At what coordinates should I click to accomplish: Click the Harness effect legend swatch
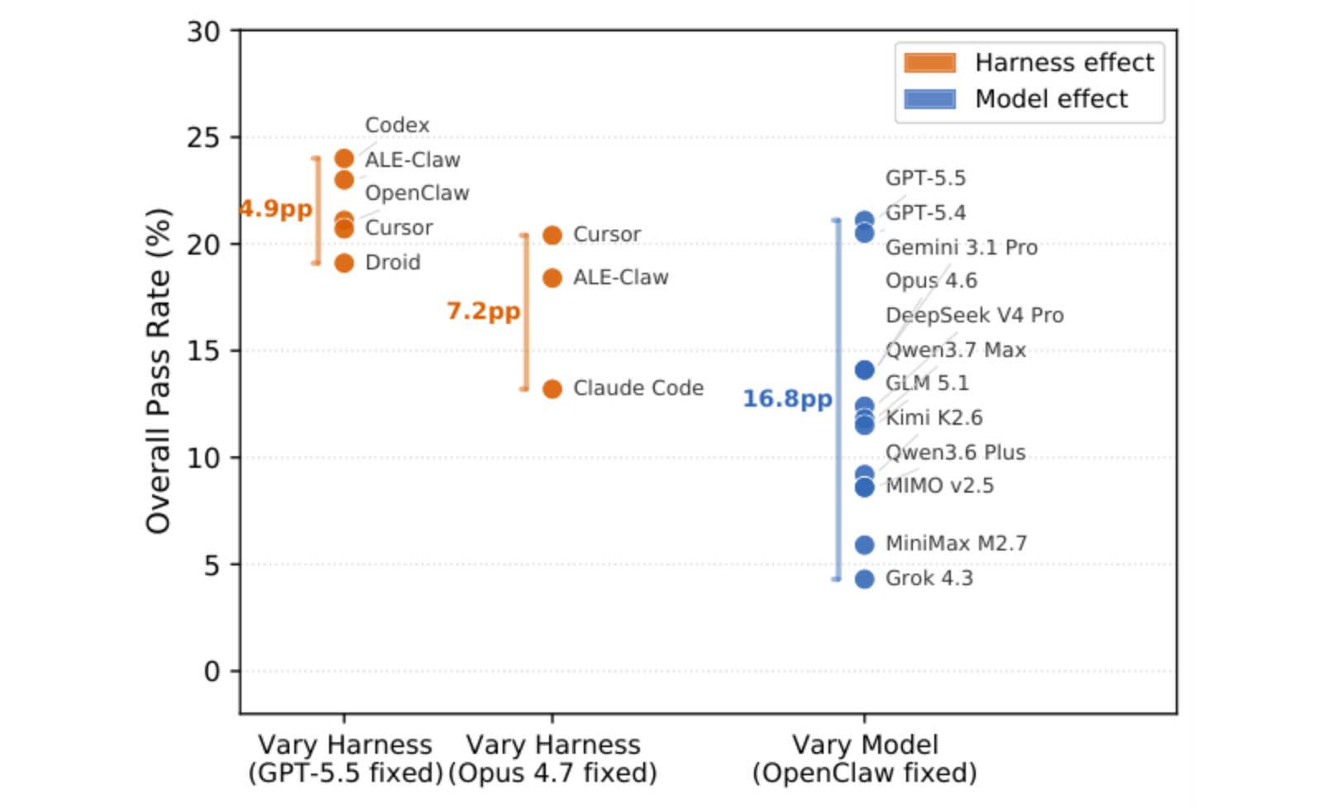[929, 63]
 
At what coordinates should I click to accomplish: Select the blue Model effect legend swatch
[929, 98]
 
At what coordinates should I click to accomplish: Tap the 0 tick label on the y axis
[212, 671]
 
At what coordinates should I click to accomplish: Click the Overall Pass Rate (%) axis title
[158, 371]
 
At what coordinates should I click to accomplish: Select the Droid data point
[344, 263]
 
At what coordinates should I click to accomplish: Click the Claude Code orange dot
[552, 388]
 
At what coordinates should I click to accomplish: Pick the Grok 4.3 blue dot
[864, 579]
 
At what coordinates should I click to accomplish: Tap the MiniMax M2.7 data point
[864, 545]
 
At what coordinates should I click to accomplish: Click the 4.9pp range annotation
[276, 209]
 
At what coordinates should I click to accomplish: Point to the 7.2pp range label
[483, 311]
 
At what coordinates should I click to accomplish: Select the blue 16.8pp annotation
[787, 399]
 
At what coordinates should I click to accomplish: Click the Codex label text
[397, 125]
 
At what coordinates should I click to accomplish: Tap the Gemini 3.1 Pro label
[962, 247]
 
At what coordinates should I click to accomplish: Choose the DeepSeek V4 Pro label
[975, 315]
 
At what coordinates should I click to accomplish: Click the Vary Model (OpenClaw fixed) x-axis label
[865, 759]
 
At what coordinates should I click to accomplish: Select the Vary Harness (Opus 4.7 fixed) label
[553, 759]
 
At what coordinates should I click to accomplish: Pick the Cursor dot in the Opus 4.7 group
[552, 235]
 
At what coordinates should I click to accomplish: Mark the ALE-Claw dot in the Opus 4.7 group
[552, 278]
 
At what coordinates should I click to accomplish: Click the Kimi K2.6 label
[934, 418]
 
